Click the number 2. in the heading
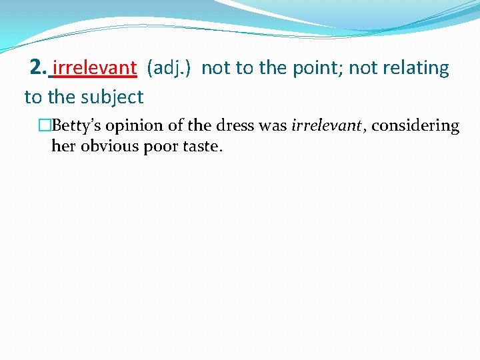pos(39,68)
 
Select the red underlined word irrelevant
pos(94,68)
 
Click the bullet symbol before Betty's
pos(45,126)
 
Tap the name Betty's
pos(73,126)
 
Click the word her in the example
pos(63,147)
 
